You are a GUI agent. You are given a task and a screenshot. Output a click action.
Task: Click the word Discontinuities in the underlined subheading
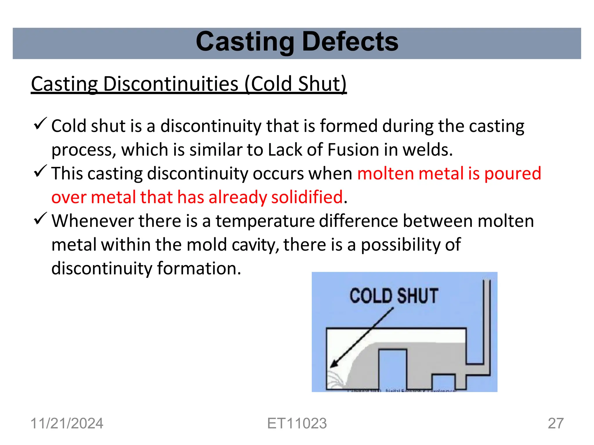pyautogui.click(x=171, y=84)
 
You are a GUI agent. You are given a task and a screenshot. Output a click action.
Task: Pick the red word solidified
pyautogui.click(x=307, y=197)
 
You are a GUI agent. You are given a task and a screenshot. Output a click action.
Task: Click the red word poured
pyautogui.click(x=512, y=174)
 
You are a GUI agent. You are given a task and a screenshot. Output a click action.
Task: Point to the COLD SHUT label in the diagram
pyautogui.click(x=394, y=296)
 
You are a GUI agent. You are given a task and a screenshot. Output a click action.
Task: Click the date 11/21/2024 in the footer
pyautogui.click(x=67, y=423)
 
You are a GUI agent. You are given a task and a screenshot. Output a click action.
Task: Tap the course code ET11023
pyautogui.click(x=297, y=423)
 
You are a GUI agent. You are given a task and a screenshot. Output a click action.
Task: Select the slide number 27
pyautogui.click(x=556, y=423)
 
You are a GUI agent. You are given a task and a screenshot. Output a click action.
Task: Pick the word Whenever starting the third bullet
pyautogui.click(x=93, y=221)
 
